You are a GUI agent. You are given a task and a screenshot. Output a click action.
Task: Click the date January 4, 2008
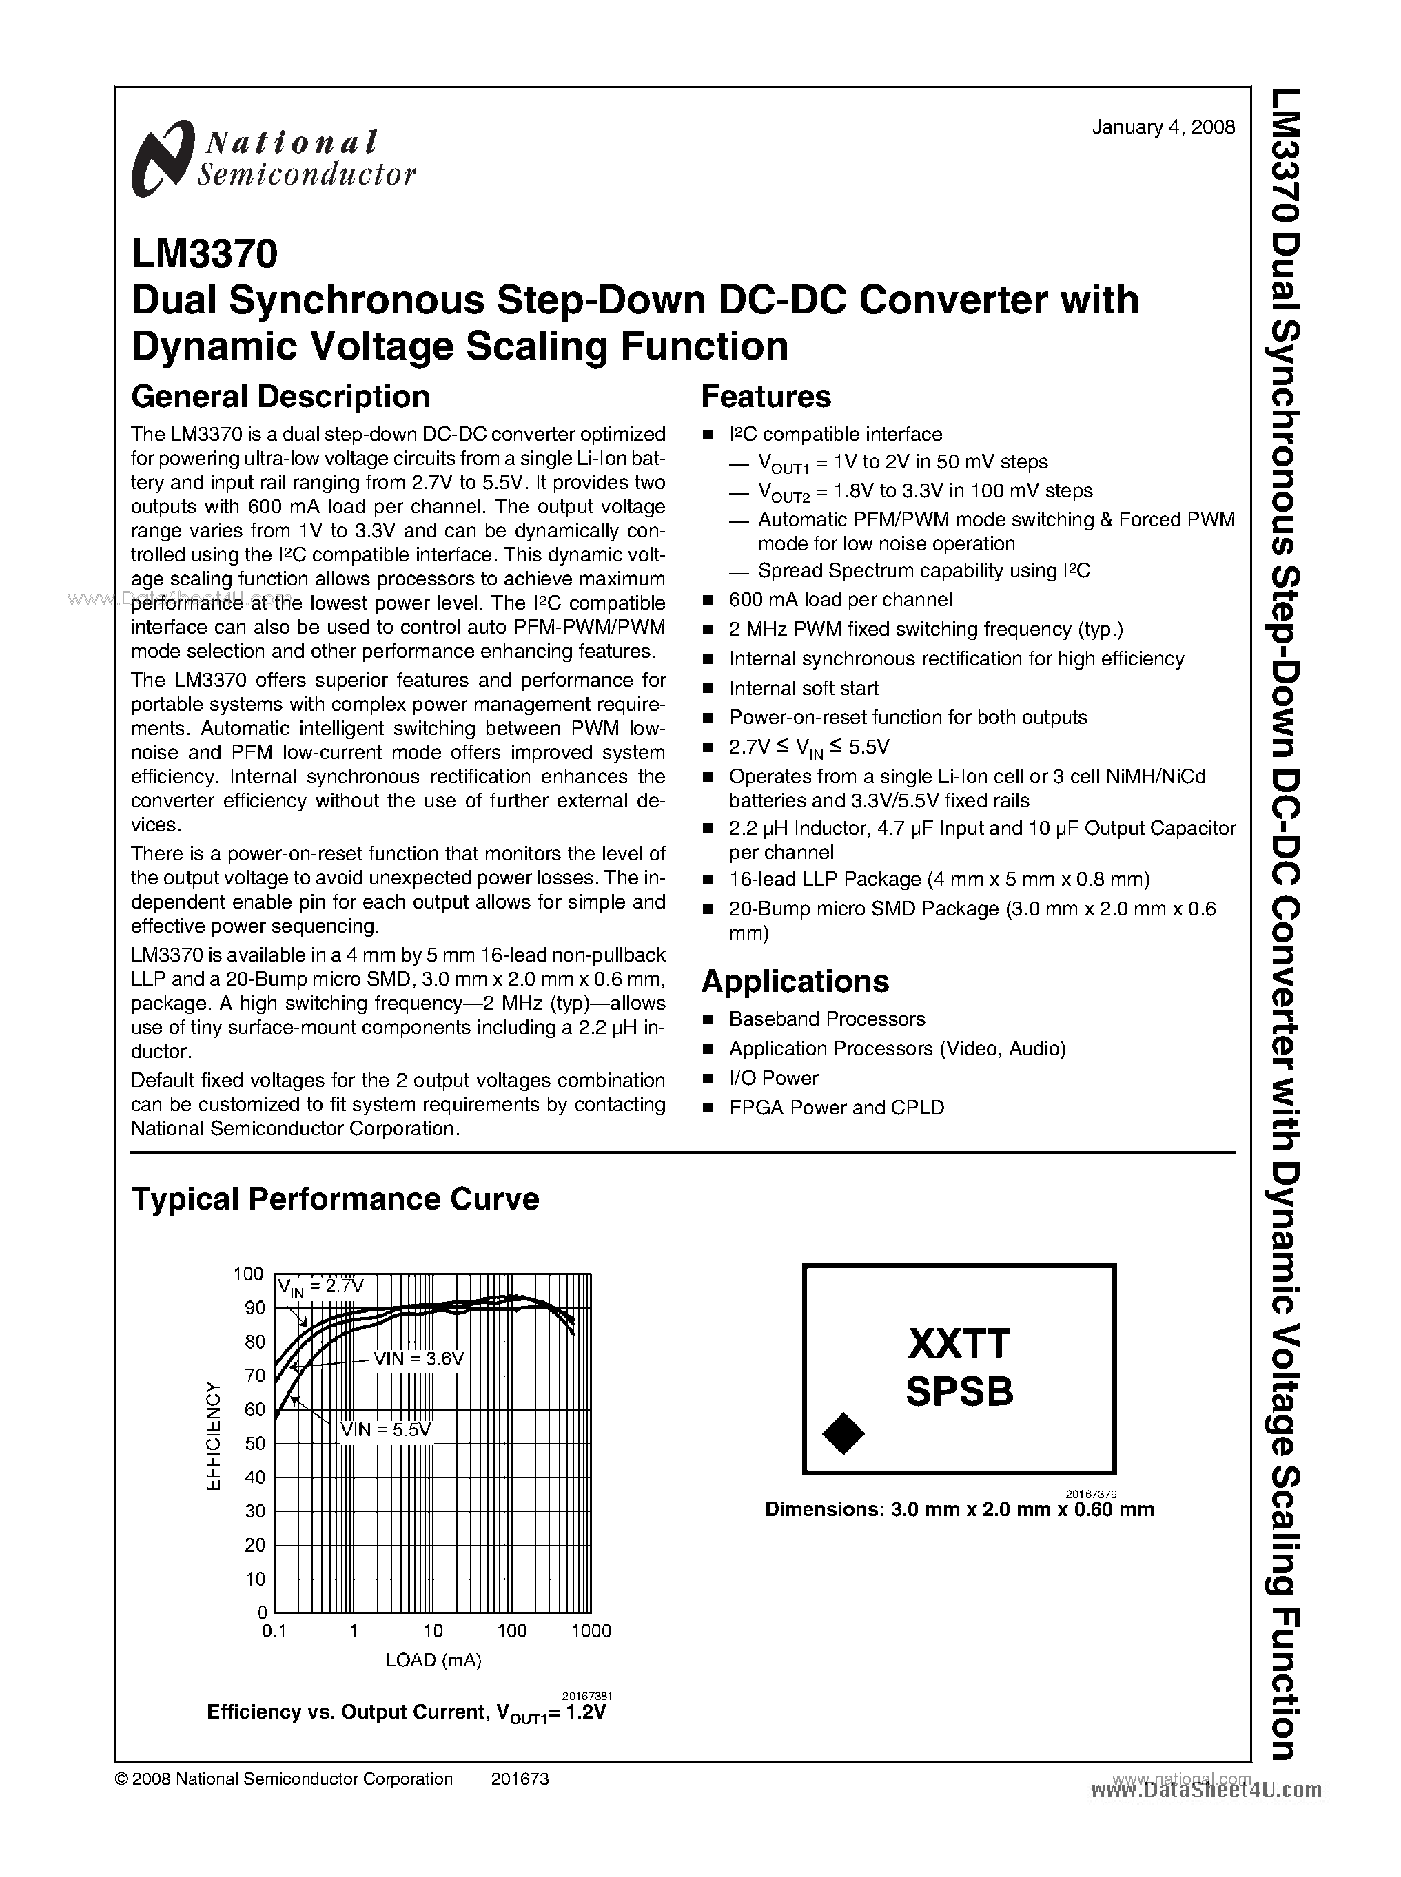[x=1163, y=127]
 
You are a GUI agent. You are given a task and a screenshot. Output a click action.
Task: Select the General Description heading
[x=280, y=397]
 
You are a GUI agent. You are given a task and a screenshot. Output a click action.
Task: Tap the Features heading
[x=766, y=397]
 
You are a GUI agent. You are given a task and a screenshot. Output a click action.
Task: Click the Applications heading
[x=795, y=981]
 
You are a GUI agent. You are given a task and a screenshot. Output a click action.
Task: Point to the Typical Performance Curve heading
[x=335, y=1199]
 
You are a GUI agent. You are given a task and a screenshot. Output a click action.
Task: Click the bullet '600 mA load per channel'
[x=839, y=599]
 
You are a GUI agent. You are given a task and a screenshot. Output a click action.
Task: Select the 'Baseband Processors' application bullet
[x=826, y=1018]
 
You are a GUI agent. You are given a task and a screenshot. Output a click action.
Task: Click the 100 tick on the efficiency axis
[x=249, y=1274]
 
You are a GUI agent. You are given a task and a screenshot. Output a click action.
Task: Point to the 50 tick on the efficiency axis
[x=254, y=1443]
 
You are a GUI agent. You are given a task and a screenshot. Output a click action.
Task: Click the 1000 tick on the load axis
[x=591, y=1630]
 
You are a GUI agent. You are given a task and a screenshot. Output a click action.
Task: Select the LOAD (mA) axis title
[x=433, y=1660]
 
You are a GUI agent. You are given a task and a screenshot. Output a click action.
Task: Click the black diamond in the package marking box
[x=843, y=1433]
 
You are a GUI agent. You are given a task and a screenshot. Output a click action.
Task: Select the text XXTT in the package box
[x=959, y=1344]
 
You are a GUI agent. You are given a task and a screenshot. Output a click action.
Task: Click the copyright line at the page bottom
[x=283, y=1779]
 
